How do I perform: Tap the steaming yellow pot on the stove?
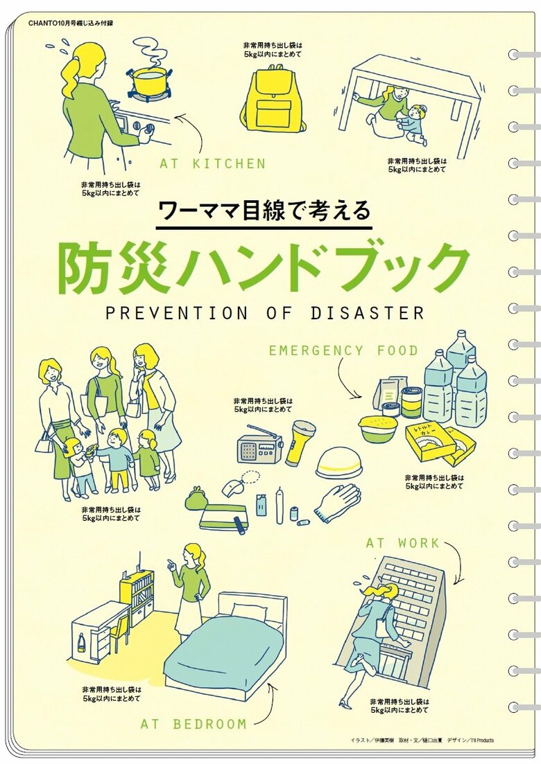coord(149,82)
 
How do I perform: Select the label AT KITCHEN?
coord(213,163)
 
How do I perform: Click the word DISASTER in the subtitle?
coord(368,313)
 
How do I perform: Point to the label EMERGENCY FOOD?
coord(343,350)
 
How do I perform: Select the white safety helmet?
coord(338,462)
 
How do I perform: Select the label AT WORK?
coord(402,543)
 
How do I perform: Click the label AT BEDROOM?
coord(194,724)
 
